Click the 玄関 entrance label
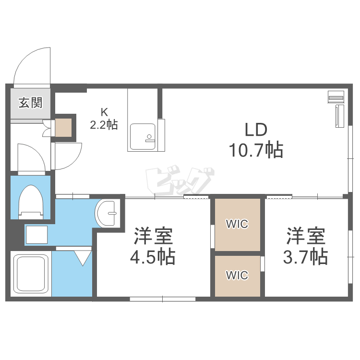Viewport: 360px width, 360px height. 31,102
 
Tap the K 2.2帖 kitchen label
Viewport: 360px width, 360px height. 104,119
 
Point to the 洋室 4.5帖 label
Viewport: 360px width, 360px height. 153,246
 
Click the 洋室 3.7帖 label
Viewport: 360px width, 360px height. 306,246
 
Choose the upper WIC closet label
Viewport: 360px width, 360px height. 237,224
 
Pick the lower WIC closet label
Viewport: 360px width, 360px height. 237,276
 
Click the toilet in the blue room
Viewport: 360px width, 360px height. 31,202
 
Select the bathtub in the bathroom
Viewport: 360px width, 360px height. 31,274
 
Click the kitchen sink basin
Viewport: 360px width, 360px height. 143,136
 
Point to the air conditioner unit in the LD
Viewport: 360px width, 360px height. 336,96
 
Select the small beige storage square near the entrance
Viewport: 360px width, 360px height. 63,127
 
